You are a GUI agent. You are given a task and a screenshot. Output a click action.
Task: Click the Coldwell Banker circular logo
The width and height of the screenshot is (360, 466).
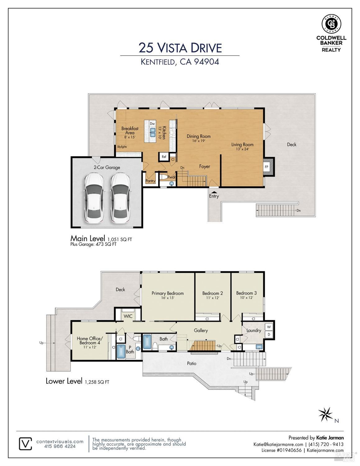331,24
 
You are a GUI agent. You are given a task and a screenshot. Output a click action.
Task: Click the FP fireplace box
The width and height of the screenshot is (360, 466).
267,167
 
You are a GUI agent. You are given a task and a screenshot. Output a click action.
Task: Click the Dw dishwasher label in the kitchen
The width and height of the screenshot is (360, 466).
152,124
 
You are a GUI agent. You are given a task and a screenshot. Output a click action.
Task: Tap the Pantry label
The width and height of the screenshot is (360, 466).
150,181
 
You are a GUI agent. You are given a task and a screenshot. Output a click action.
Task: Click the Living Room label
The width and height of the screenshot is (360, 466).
242,145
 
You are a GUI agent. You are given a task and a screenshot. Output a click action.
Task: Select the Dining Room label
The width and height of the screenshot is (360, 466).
198,136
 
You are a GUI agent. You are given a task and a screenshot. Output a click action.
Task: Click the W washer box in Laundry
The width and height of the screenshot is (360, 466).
269,327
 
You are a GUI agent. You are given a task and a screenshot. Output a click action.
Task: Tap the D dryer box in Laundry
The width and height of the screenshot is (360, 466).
269,335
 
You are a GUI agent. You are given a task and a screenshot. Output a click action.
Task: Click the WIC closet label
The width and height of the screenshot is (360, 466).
128,316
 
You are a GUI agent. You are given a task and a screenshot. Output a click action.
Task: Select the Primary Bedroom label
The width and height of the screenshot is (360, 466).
167,293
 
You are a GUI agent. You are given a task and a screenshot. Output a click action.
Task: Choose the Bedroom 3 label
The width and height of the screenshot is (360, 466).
246,293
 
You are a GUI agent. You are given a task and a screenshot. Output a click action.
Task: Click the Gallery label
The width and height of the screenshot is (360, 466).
201,330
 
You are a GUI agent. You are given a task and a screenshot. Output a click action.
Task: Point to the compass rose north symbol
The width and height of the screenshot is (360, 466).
325,414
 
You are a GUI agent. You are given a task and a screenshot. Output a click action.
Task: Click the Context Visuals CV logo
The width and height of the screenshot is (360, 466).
25,444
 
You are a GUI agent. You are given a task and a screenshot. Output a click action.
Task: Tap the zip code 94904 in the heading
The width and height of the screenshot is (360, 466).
207,62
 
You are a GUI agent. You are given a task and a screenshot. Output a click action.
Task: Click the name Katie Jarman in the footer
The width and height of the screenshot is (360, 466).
330,438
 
